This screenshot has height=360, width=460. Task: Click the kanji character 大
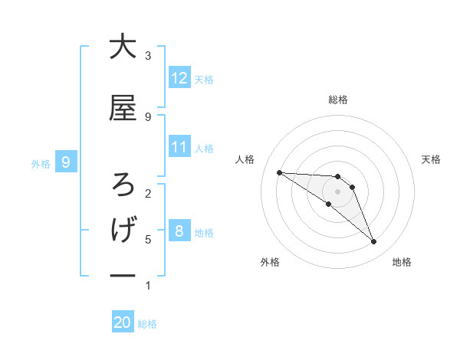(x=123, y=47)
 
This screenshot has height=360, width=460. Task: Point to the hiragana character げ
(x=123, y=229)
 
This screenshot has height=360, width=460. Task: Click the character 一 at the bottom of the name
(x=123, y=274)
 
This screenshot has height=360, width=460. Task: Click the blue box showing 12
(x=179, y=78)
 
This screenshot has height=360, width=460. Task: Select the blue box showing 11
(x=179, y=147)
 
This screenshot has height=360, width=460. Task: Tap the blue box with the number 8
(x=179, y=231)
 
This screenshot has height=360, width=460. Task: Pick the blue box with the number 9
(x=66, y=162)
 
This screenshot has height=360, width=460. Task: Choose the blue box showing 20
(x=123, y=322)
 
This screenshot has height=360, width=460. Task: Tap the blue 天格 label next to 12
(x=204, y=80)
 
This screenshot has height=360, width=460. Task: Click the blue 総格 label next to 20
(x=147, y=324)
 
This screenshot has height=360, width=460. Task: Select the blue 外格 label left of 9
(x=41, y=163)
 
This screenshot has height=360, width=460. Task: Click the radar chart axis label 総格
(x=337, y=100)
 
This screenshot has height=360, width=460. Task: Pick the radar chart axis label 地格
(x=402, y=262)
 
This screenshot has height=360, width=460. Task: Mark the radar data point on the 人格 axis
(x=279, y=172)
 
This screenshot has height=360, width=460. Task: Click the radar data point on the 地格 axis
(x=373, y=242)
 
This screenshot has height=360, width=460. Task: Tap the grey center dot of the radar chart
(x=337, y=191)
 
